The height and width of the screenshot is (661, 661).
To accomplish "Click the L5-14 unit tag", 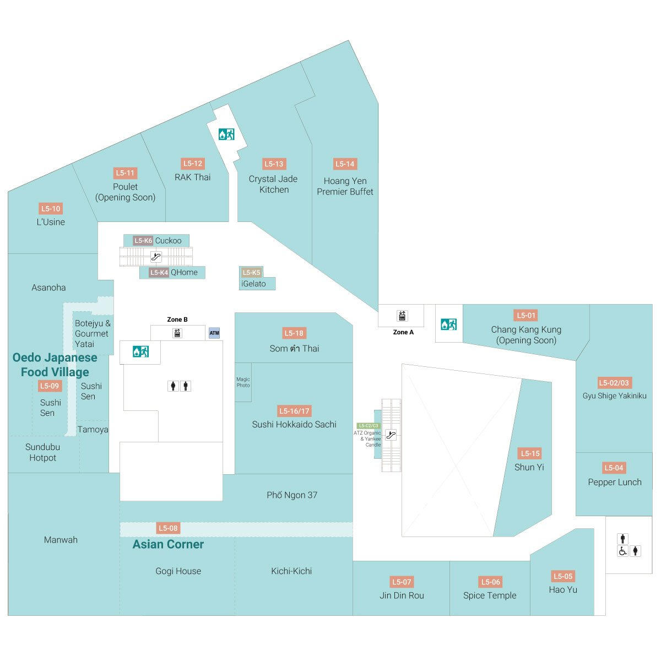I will [x=345, y=164].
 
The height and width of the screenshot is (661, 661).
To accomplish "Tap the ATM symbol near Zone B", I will [x=214, y=333].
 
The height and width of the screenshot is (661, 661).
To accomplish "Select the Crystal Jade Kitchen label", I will [x=273, y=184].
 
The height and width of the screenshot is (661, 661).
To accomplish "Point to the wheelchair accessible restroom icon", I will [x=622, y=551].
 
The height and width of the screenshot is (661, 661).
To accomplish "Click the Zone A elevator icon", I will [x=402, y=316].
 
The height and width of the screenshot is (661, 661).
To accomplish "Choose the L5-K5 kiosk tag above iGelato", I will [x=251, y=272].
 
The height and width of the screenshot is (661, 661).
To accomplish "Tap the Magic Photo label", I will [x=243, y=382].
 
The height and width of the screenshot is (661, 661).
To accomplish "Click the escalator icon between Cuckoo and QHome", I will [x=156, y=257].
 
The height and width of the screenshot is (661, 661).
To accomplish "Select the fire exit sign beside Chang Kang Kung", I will [x=448, y=324].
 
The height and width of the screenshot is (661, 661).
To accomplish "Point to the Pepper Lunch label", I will [x=615, y=482].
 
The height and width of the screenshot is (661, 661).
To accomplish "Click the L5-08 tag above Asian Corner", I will [x=168, y=528].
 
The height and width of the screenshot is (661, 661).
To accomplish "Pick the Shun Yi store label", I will [x=529, y=467].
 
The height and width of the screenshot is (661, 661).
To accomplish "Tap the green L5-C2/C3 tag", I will [x=368, y=426].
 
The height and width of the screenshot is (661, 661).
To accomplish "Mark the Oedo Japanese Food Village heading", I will [x=55, y=365].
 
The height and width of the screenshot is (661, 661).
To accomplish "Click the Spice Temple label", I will [x=490, y=595].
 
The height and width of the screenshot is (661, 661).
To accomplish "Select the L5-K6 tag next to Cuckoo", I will [x=143, y=241].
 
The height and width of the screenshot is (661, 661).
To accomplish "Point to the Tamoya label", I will [x=93, y=430].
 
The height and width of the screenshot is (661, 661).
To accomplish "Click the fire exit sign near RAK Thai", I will [x=226, y=134].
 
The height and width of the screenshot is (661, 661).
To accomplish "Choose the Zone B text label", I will [x=177, y=319].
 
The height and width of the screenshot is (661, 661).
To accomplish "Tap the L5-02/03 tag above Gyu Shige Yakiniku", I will [x=614, y=383].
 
